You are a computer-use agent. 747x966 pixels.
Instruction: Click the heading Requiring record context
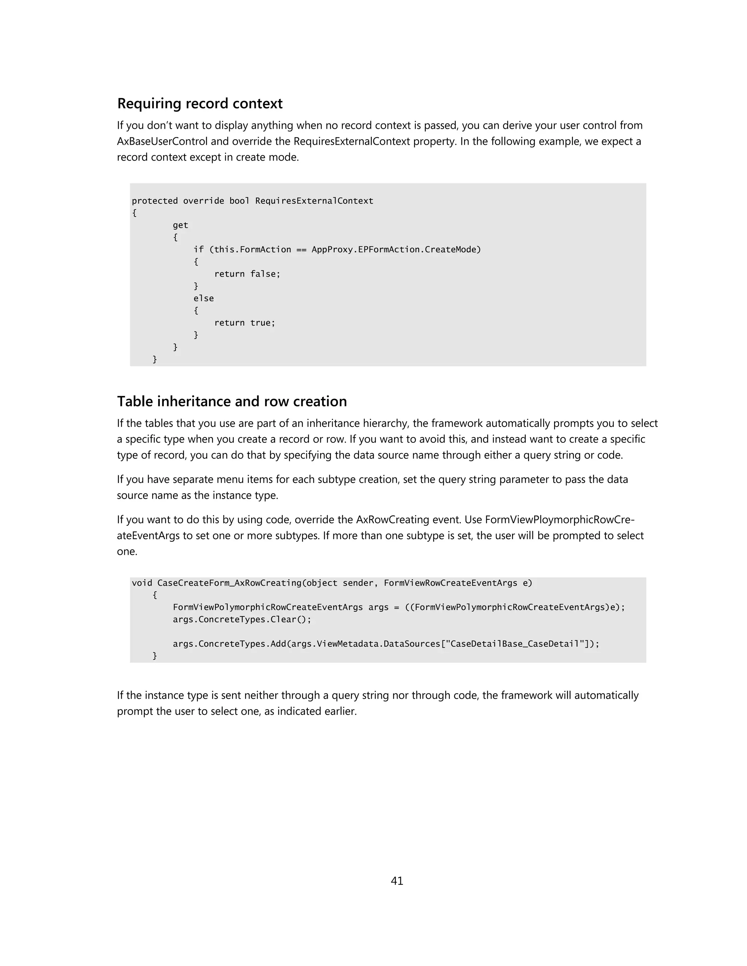(200, 104)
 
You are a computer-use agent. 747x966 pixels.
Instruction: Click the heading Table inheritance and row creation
(232, 401)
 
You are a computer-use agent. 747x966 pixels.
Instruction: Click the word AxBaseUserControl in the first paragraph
(162, 141)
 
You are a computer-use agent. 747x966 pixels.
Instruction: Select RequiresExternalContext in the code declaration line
(314, 201)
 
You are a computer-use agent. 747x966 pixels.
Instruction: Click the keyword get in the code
(181, 225)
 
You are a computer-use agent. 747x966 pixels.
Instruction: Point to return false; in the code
(247, 274)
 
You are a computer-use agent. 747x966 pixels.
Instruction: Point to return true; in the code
(245, 323)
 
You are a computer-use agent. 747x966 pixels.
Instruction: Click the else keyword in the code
(204, 299)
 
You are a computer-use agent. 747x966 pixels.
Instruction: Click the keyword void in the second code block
(142, 583)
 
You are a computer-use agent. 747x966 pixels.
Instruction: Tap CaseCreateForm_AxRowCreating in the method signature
(229, 583)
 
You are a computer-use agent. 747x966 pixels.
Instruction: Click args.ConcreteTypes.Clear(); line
(242, 619)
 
